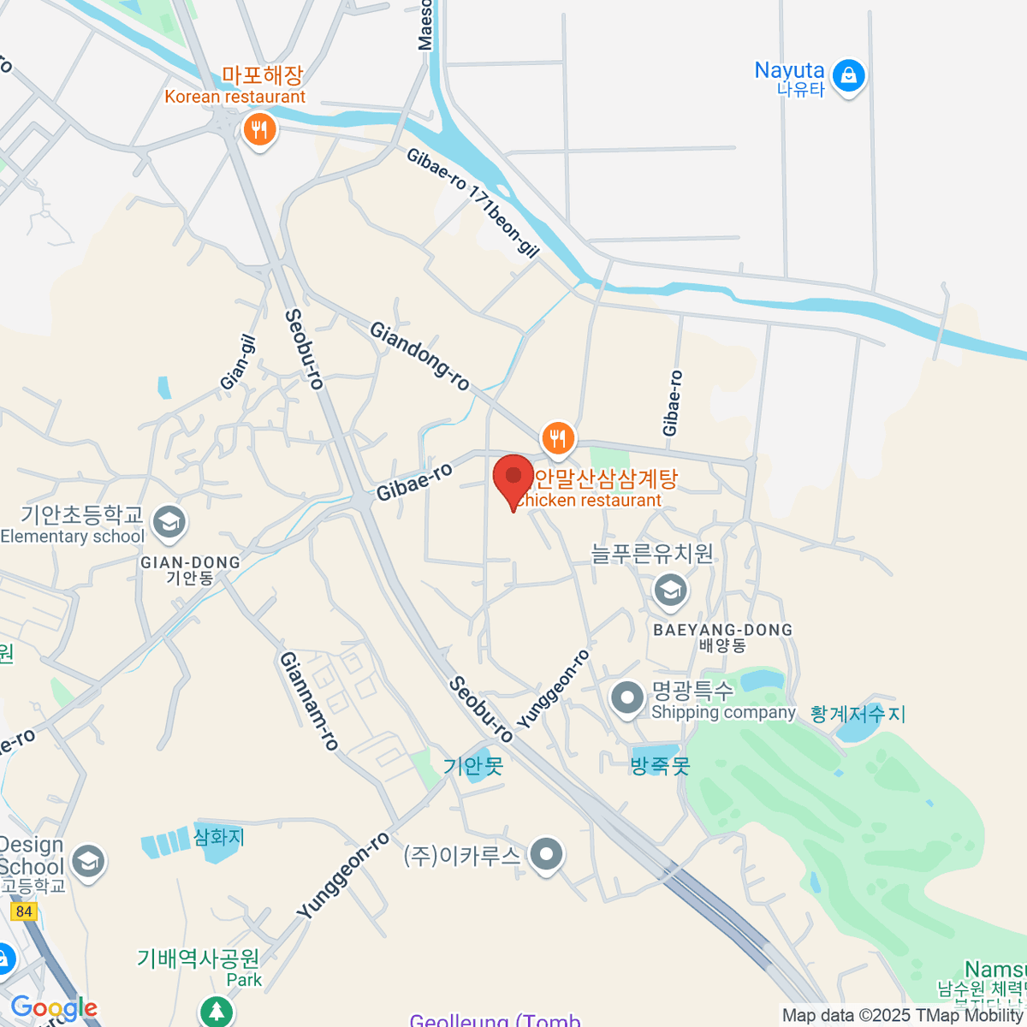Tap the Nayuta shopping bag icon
pos(848,76)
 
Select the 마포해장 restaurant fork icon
pos(258,131)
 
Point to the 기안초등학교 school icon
pos(169,522)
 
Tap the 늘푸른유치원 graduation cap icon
pos(670,590)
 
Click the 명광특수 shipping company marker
pos(627,698)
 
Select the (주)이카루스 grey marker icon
pos(545,854)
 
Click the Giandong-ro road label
pos(419,355)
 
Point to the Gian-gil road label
pos(239,362)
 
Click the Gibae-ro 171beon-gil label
pos(472,202)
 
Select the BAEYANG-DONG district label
pos(723,631)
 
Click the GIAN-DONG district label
pos(190,563)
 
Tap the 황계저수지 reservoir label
pos(858,714)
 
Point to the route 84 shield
pos(24,911)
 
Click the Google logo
pos(54,1008)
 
